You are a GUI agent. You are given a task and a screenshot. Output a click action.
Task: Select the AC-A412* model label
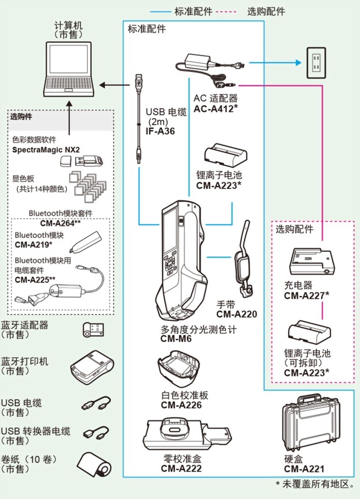pos(215,108)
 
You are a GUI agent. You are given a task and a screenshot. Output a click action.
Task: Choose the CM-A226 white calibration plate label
pos(181,405)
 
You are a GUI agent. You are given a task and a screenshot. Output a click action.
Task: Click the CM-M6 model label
pos(176,339)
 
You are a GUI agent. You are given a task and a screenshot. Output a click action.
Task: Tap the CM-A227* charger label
pos(307,296)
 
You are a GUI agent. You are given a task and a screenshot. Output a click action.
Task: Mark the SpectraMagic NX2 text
pos(46,149)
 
